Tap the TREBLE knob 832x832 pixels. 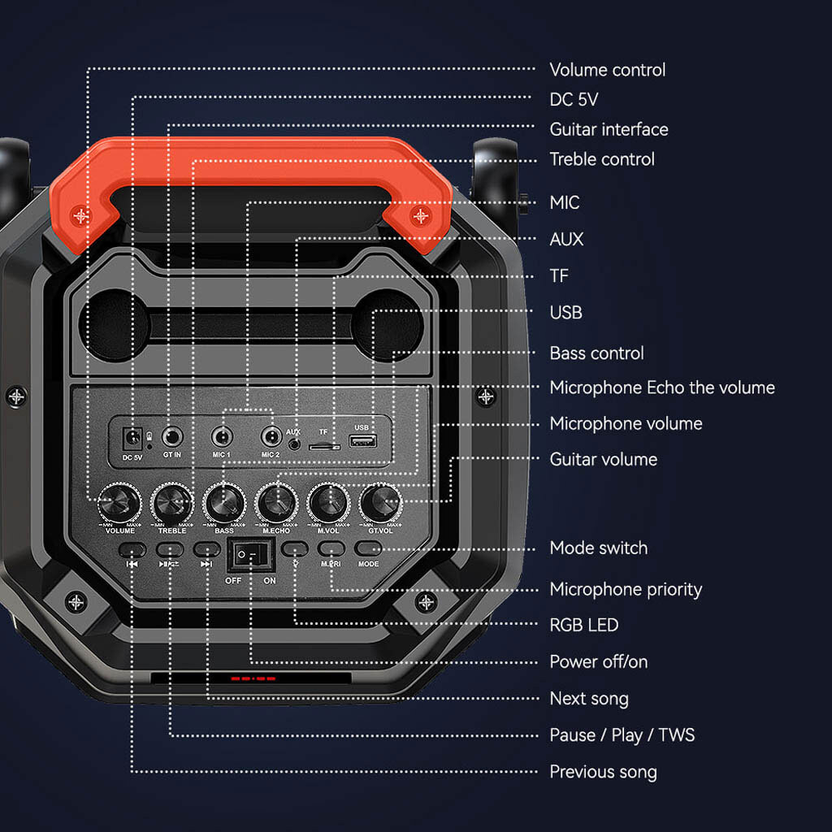pos(172,503)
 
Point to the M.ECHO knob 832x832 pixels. pos(277,503)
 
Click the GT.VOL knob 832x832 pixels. pos(381,503)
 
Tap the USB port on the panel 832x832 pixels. pos(362,441)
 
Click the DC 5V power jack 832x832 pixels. pos(131,439)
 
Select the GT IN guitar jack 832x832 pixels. pos(171,437)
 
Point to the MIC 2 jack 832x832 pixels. pos(271,437)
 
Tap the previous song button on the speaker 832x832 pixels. pos(132,549)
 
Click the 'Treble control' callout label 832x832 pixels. pos(602,159)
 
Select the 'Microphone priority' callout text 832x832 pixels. pos(626,589)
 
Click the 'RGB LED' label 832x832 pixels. pos(583,625)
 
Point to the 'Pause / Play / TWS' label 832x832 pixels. pos(622,735)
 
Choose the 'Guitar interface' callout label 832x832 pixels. pos(609,129)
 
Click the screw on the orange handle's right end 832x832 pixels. pos(420,215)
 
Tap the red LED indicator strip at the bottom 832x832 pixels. pos(253,678)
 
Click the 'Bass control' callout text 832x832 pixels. pos(596,353)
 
